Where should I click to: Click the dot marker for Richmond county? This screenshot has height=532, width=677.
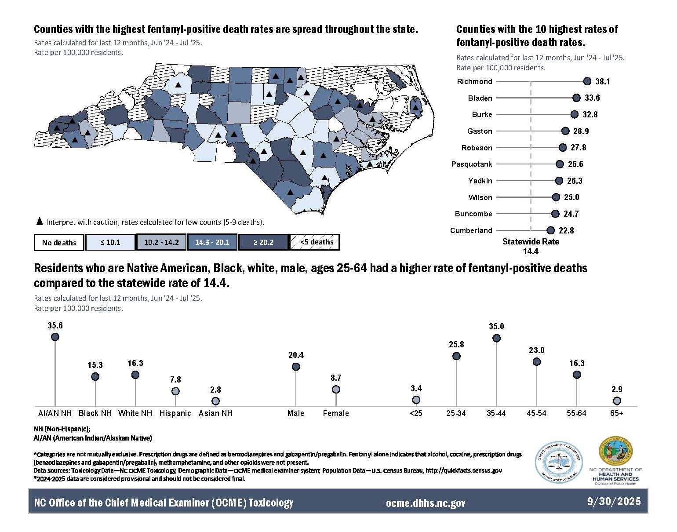coord(587,81)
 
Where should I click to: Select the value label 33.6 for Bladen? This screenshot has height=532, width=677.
coord(592,98)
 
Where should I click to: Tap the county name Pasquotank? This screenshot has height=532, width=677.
coord(472,164)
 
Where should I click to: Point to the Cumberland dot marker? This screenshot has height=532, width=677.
coord(550,230)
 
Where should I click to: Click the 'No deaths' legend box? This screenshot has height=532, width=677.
coord(59,242)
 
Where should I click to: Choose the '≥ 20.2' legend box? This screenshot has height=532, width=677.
coord(263,242)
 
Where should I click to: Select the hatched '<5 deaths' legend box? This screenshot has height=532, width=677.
coord(314,242)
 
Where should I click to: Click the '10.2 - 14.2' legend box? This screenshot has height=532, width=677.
coord(161,242)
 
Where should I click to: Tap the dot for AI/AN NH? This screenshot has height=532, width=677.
coord(55,337)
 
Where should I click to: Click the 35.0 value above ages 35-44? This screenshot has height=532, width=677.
coord(496,327)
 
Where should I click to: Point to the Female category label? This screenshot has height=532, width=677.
coord(336,413)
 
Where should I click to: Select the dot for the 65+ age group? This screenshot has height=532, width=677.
coord(617,401)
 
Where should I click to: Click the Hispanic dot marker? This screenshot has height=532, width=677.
coord(175,391)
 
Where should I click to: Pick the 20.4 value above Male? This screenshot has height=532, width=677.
coord(296,355)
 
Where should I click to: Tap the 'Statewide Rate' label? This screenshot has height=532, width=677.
coord(531,242)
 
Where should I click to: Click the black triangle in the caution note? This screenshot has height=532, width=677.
coord(39,222)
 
